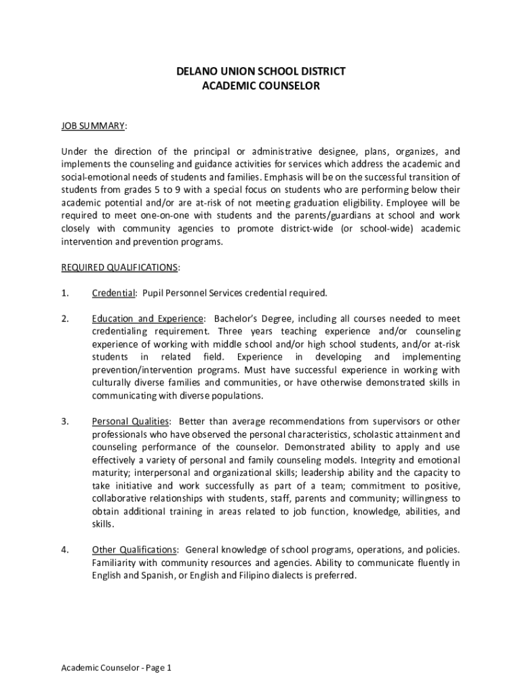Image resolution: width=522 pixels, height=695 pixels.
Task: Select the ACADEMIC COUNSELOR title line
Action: pos(261,86)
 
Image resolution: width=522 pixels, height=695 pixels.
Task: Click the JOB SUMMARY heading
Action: pos(92,126)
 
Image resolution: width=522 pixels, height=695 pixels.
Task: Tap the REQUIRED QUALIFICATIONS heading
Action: pos(119,267)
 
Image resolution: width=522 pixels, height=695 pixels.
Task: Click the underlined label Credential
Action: pos(113,293)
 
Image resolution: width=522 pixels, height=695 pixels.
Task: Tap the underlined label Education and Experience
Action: pos(147,319)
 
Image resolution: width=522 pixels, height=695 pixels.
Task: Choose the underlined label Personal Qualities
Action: pos(130,422)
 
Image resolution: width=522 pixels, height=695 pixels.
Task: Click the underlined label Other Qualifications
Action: pos(134,550)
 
